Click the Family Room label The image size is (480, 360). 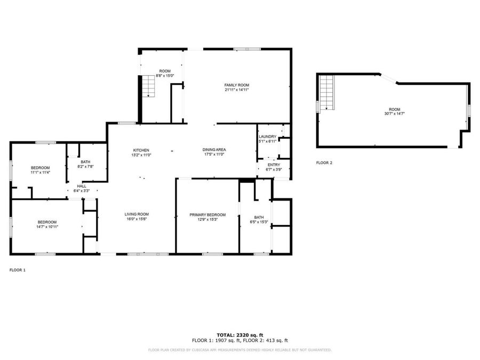(x=236, y=85)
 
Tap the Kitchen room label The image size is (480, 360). (x=141, y=150)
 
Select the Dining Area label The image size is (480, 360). (x=214, y=150)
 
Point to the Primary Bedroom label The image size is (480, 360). (x=207, y=215)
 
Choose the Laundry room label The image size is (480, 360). (x=267, y=137)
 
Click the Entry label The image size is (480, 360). (x=274, y=165)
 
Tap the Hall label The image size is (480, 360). (x=82, y=186)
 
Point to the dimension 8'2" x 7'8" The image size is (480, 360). (x=85, y=167)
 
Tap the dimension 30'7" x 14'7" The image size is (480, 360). (x=394, y=114)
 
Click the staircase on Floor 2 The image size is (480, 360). (x=326, y=92)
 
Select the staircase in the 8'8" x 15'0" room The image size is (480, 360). (x=148, y=86)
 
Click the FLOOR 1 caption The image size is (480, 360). (x=17, y=270)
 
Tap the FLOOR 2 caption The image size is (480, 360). (x=324, y=163)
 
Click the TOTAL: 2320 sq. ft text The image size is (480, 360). (x=239, y=334)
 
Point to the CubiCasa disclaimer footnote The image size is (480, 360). (x=239, y=350)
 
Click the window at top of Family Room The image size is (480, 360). (x=247, y=49)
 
